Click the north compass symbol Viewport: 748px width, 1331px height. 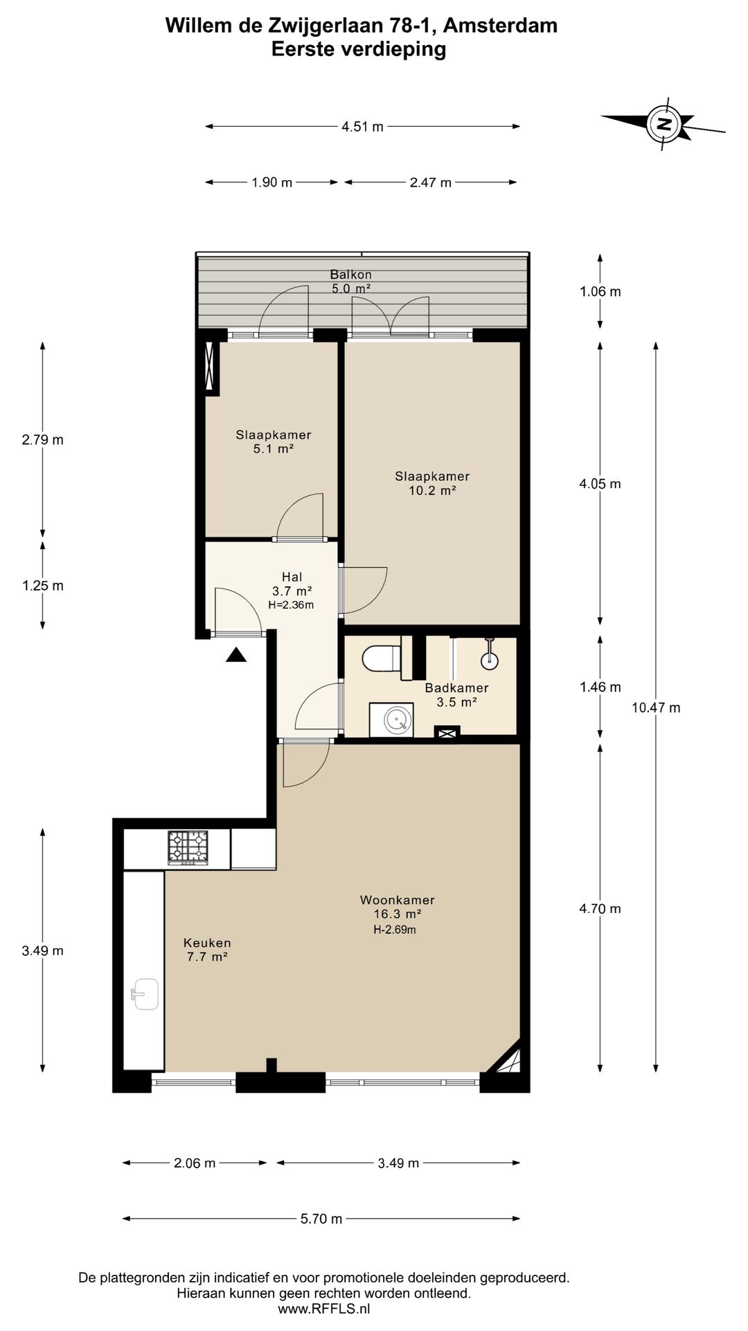click(664, 125)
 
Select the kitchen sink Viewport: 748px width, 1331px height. click(145, 994)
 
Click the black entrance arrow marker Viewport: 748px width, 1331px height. click(236, 654)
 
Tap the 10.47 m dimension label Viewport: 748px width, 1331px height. click(656, 708)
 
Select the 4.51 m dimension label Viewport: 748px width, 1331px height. click(362, 127)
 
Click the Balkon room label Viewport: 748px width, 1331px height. click(350, 275)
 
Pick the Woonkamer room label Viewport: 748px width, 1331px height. click(398, 901)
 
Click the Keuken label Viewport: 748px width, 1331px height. click(207, 943)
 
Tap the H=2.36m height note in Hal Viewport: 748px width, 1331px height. click(291, 604)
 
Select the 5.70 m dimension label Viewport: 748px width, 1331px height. click(321, 1219)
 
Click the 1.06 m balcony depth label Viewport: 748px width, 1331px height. click(600, 291)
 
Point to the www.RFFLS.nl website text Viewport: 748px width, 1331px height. click(324, 1309)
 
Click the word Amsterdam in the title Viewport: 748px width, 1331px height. click(499, 26)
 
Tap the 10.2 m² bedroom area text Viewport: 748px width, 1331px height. click(432, 491)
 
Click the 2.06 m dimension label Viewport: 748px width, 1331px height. click(195, 1163)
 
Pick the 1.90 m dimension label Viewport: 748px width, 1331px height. click(271, 182)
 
